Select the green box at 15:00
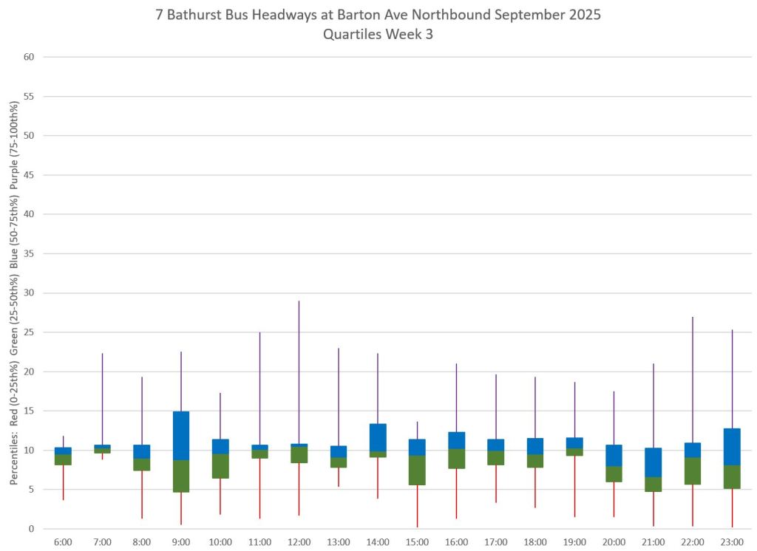coord(417,470)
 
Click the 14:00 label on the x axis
coord(378,541)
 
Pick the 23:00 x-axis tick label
coord(732,541)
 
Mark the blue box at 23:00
coord(732,446)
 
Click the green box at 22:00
coord(693,470)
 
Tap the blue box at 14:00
coord(378,437)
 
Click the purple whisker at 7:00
coord(103,399)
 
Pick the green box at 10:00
coord(220,466)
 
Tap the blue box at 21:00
coord(654,462)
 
